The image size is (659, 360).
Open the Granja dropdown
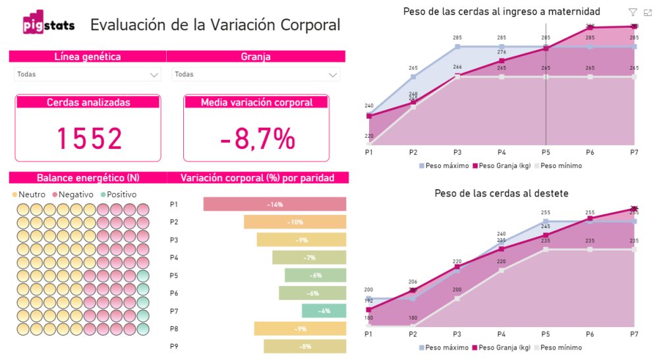(333, 75)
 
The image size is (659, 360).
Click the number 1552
(88, 138)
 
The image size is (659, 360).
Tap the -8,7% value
(256, 138)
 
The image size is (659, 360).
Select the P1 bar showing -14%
(275, 204)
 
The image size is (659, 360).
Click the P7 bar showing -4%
(324, 311)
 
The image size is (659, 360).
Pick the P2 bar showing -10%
(295, 222)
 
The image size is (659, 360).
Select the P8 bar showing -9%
(300, 329)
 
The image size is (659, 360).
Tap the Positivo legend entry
(118, 195)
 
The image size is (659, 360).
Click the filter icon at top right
(633, 12)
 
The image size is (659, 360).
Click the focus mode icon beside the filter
(647, 12)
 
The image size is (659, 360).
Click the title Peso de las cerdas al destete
(501, 193)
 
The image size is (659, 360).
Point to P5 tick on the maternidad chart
(546, 152)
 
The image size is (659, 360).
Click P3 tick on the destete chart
(457, 334)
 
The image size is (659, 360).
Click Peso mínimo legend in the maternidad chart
(561, 165)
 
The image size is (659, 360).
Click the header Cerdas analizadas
(88, 102)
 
